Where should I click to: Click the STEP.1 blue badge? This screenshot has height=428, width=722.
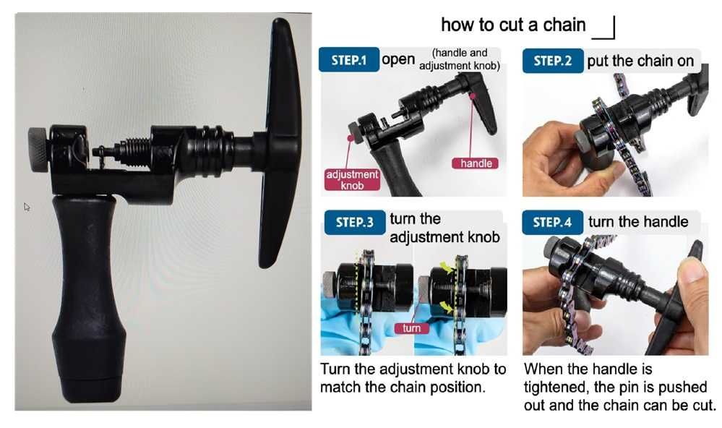tap(349, 59)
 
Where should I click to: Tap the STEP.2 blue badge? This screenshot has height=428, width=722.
tap(553, 60)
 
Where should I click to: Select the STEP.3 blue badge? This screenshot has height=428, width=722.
tap(355, 223)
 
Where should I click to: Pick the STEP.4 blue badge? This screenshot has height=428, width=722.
tap(553, 222)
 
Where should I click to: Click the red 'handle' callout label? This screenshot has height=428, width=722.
tap(476, 163)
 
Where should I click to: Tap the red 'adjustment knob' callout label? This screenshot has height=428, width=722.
tap(352, 180)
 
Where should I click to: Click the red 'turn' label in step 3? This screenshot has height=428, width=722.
tap(411, 328)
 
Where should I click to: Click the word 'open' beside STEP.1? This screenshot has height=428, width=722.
tap(398, 60)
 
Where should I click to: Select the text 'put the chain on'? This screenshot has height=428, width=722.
tap(640, 61)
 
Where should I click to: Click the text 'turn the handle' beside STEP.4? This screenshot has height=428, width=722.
tap(638, 222)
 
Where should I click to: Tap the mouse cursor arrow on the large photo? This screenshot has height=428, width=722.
tap(27, 207)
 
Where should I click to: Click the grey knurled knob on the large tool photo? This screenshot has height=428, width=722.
tap(38, 150)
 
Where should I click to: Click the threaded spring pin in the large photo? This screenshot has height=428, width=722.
tap(122, 150)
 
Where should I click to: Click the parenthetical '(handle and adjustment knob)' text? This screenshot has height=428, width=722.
tap(460, 59)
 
